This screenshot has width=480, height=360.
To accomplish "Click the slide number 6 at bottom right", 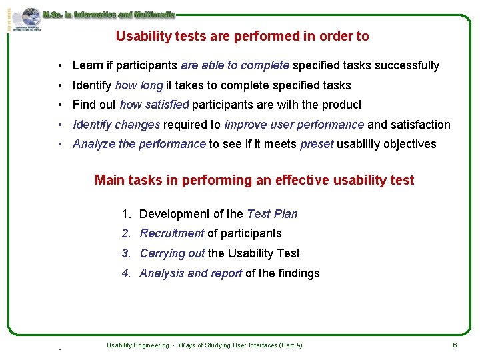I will pos(455,345).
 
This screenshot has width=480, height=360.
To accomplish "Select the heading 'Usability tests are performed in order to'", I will pos(242,37).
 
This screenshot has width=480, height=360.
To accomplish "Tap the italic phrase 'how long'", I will pos(139,85).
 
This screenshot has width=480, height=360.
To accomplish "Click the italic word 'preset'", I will pos(317,144).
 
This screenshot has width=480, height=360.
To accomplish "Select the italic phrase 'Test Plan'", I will pos(272,214).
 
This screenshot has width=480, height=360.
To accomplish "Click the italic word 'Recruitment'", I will pos(171,233).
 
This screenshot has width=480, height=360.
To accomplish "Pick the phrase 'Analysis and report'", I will pos(190,273).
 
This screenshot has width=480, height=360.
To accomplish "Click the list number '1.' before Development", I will pos(127,214).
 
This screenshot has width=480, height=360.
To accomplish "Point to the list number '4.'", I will pos(127,273).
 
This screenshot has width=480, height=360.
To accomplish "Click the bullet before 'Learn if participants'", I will pos(60,66).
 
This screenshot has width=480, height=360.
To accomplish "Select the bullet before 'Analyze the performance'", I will pos(60,145).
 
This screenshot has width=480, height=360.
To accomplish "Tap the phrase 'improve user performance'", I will pos(294,125).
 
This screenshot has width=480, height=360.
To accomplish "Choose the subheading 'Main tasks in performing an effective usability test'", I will pos(254,180).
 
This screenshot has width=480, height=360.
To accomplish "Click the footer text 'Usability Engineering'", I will pos(137,345).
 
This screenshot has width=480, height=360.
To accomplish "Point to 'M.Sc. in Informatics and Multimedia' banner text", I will pos(108,14).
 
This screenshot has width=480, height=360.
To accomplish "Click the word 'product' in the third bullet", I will pos(341,105).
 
